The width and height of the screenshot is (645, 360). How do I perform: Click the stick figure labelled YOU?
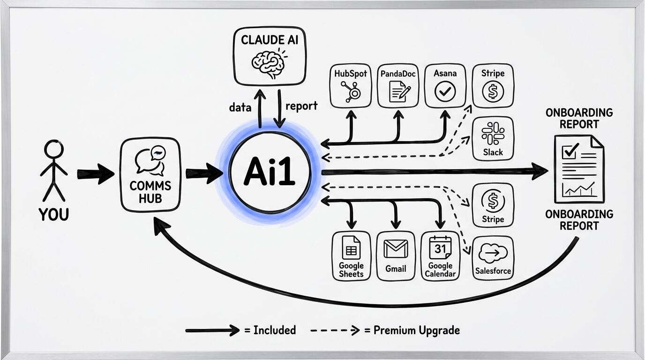[53, 171]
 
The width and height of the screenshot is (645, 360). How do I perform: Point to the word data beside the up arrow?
[240, 107]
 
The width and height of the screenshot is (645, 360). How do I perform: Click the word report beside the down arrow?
[301, 106]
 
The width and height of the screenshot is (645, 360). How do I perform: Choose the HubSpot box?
[351, 86]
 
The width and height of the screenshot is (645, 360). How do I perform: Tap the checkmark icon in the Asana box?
[445, 91]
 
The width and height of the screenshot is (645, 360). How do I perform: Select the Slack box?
[493, 138]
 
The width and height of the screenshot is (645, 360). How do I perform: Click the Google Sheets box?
[351, 256]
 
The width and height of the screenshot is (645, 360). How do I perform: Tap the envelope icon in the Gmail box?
[396, 249]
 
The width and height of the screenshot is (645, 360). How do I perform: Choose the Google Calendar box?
[440, 256]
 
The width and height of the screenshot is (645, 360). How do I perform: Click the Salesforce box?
[493, 258]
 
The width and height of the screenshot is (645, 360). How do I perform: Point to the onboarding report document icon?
[579, 169]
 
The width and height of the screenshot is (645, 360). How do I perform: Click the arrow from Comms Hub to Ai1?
[203, 173]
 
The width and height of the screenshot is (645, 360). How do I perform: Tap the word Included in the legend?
[275, 330]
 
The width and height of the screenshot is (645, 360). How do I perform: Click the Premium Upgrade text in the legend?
[416, 330]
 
